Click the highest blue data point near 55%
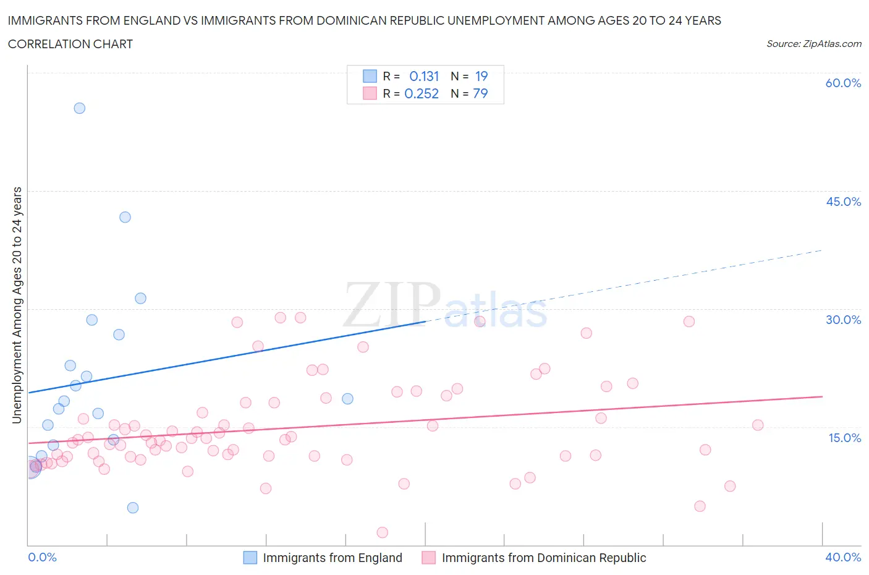coord(79,108)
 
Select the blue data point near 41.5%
coord(125,217)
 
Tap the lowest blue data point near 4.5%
coord(133,508)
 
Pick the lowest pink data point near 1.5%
coord(382,532)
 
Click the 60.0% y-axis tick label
coord(843,83)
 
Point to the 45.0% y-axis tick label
coord(843,202)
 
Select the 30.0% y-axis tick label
coord(843,320)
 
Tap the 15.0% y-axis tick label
coord(843,438)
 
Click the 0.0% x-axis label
coord(42,557)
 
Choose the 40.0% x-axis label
coord(843,557)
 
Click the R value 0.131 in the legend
coord(424,76)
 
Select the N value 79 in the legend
coord(480,93)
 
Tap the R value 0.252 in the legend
coord(422,93)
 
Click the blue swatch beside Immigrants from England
coord(250,558)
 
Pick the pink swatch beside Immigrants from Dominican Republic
coord(428,558)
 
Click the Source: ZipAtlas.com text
coord(813,43)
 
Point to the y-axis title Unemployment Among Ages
coord(17,305)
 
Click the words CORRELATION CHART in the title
coord(70,44)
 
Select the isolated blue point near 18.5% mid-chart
coord(347,399)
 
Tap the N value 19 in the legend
coord(481,76)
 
